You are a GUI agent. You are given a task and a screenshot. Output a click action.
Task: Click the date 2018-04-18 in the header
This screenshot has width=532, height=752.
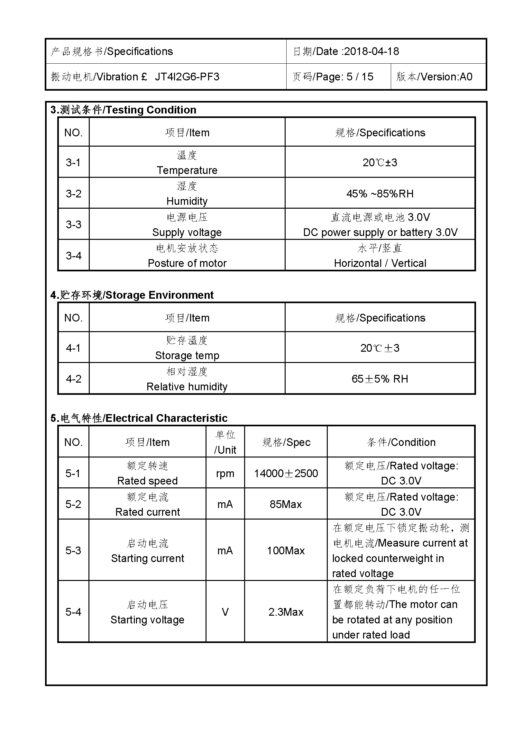(371, 51)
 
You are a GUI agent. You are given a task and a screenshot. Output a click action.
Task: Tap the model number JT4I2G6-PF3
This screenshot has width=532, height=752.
(187, 77)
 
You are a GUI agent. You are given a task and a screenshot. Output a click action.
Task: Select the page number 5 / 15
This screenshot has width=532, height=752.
(360, 77)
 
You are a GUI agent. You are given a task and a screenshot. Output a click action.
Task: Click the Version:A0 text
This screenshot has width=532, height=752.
(446, 77)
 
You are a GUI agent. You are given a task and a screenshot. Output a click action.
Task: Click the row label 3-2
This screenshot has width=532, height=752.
(73, 193)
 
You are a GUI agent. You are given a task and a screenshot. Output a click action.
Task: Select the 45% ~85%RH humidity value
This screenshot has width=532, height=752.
(380, 194)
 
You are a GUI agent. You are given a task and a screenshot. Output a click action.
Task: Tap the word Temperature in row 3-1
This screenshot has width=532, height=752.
(187, 170)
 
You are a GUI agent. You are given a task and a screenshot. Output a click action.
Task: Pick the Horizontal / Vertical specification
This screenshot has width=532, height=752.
(380, 263)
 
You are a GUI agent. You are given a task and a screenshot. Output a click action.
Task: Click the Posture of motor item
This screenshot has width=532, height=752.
(187, 263)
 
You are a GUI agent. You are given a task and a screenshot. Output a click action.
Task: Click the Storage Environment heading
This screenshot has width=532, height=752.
(160, 295)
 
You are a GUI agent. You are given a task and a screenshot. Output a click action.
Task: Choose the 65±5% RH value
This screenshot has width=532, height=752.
(380, 379)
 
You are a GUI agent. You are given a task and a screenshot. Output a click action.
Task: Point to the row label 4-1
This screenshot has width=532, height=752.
(73, 348)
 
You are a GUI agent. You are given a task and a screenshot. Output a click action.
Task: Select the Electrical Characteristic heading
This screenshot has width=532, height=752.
(166, 418)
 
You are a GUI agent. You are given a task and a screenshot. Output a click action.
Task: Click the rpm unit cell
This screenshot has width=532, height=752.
(225, 473)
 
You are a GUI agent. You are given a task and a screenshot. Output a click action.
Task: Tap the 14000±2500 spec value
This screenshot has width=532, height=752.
(286, 473)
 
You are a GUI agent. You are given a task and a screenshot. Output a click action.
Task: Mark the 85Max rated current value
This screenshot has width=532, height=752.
(286, 504)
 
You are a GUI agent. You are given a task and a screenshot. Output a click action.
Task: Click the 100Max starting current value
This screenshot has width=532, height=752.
(286, 550)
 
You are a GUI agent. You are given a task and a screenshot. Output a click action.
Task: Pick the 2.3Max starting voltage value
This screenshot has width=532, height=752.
(286, 612)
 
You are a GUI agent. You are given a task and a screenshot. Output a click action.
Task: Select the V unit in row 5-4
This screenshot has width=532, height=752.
(225, 612)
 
